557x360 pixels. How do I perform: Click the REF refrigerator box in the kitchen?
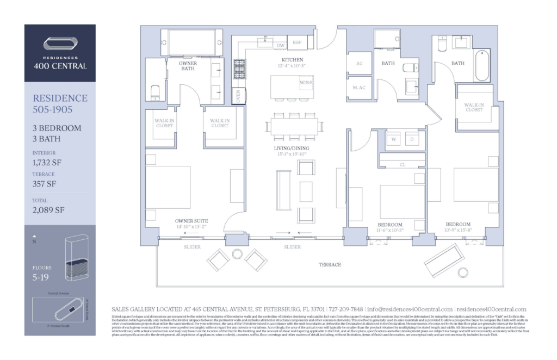click(x=297, y=42)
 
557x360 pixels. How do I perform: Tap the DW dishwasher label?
click(x=281, y=46)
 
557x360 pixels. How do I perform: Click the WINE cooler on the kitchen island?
click(x=306, y=83)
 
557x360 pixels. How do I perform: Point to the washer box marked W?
click(x=393, y=139)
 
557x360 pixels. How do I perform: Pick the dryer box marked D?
click(x=412, y=139)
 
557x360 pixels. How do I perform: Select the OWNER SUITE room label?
click(x=189, y=221)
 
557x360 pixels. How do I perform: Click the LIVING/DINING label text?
click(x=292, y=147)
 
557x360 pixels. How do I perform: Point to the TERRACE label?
click(x=330, y=265)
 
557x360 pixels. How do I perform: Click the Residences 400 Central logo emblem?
click(x=60, y=45)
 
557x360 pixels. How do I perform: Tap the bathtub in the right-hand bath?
click(x=482, y=66)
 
